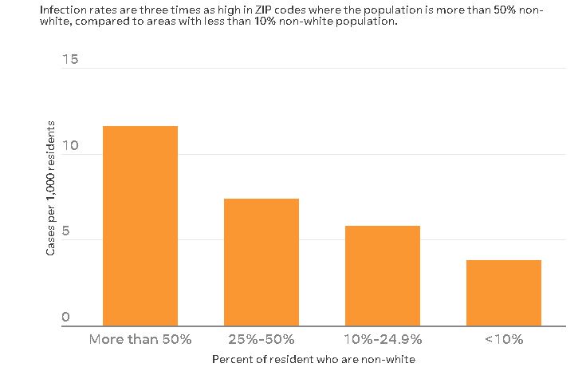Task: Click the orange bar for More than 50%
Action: coord(140,226)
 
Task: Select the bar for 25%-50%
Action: coord(262,262)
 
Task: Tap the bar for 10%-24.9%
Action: coord(383,275)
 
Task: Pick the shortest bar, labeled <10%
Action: coord(504,293)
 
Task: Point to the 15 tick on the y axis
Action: coord(70,61)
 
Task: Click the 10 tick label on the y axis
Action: coord(70,147)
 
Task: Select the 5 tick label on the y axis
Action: coord(66,232)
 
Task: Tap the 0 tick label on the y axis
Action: coord(66,318)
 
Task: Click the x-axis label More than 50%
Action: coord(140,339)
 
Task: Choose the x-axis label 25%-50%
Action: coord(262,339)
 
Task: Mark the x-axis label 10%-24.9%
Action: coord(383,339)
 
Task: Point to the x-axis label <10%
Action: coord(504,339)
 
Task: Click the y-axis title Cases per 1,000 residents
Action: coord(50,188)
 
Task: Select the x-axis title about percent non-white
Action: coord(313,360)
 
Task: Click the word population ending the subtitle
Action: coord(369,22)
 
